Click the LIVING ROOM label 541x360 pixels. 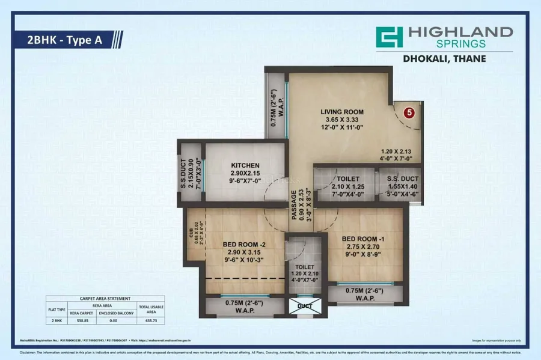click(x=341, y=112)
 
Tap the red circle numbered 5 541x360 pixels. click(x=409, y=112)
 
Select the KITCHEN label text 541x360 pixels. click(x=245, y=165)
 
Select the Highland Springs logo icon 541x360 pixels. click(x=389, y=37)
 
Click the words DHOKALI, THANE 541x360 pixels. click(x=445, y=59)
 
